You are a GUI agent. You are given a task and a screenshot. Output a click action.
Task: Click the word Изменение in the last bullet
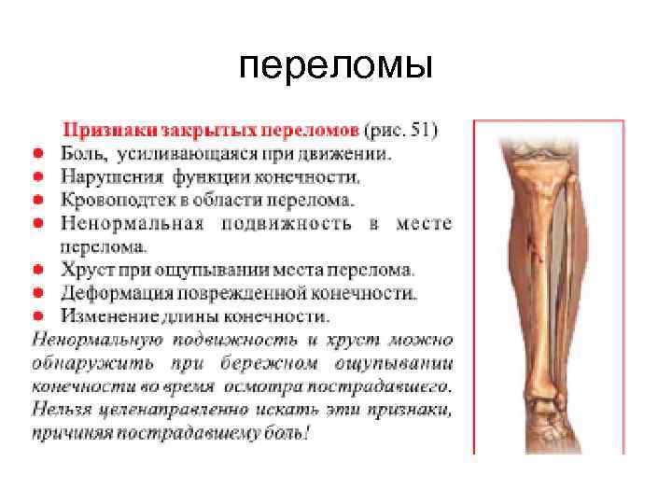pyautogui.click(x=110, y=315)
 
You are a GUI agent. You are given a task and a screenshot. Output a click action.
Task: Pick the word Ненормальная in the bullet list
pyautogui.click(x=131, y=223)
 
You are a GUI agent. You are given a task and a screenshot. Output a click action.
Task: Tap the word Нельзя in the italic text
pyautogui.click(x=62, y=409)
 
